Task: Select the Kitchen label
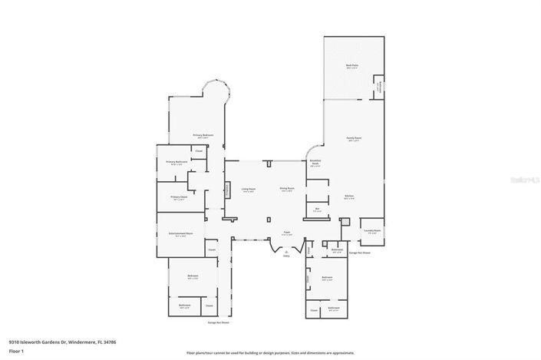click(349, 197)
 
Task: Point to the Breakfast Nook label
click(315, 163)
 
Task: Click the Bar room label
click(316, 209)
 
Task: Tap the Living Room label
click(249, 190)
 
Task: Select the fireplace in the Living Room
click(227, 190)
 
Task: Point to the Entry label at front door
click(286, 255)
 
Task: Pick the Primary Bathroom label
click(175, 163)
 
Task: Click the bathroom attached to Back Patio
click(378, 87)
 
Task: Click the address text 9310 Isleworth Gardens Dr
click(38, 342)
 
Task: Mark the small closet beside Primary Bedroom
click(198, 151)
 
